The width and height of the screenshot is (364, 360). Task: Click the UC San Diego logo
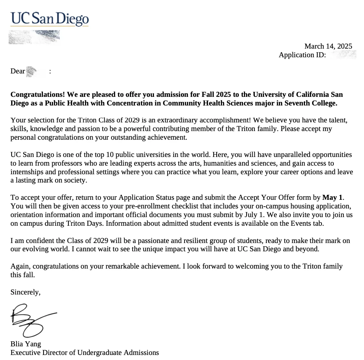(x=49, y=19)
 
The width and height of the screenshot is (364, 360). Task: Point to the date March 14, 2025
(x=328, y=46)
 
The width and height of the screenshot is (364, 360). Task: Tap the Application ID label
(x=302, y=55)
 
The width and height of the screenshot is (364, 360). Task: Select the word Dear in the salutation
(x=18, y=71)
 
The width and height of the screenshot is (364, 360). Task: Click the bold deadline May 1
(x=333, y=198)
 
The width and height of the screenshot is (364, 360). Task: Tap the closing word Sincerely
(x=25, y=292)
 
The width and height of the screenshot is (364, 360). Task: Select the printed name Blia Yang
(x=26, y=344)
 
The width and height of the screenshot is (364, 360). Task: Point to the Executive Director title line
(x=85, y=353)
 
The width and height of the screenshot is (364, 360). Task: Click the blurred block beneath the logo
(x=34, y=37)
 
